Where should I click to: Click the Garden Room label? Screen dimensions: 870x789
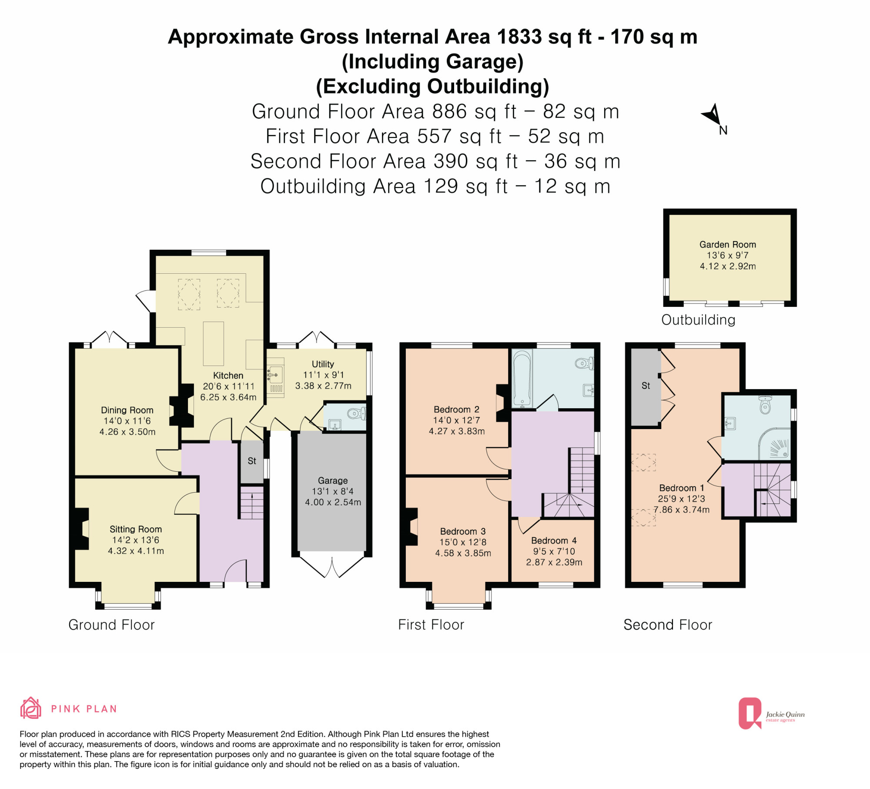click(x=727, y=245)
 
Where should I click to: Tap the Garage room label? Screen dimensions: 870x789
click(x=333, y=480)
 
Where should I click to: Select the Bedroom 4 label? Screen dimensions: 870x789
click(x=554, y=541)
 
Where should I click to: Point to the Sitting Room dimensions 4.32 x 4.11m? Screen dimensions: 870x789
click(x=136, y=551)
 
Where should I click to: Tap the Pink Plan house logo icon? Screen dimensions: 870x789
click(x=30, y=708)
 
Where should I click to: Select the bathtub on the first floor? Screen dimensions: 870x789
click(x=522, y=378)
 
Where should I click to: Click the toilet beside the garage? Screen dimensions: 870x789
click(x=357, y=413)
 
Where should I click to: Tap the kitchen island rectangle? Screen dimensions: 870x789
click(x=213, y=344)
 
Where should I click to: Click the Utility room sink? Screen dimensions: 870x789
click(x=274, y=375)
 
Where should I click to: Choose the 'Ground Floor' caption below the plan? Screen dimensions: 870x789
click(x=111, y=625)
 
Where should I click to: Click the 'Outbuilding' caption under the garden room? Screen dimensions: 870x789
click(x=698, y=320)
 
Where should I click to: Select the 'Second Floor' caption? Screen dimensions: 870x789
click(x=668, y=625)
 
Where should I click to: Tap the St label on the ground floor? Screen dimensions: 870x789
click(x=252, y=461)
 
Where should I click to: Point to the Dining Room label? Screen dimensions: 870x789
click(x=127, y=410)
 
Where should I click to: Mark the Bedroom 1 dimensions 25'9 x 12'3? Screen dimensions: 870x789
click(x=681, y=499)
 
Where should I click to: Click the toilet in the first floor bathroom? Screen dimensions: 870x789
click(x=584, y=363)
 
